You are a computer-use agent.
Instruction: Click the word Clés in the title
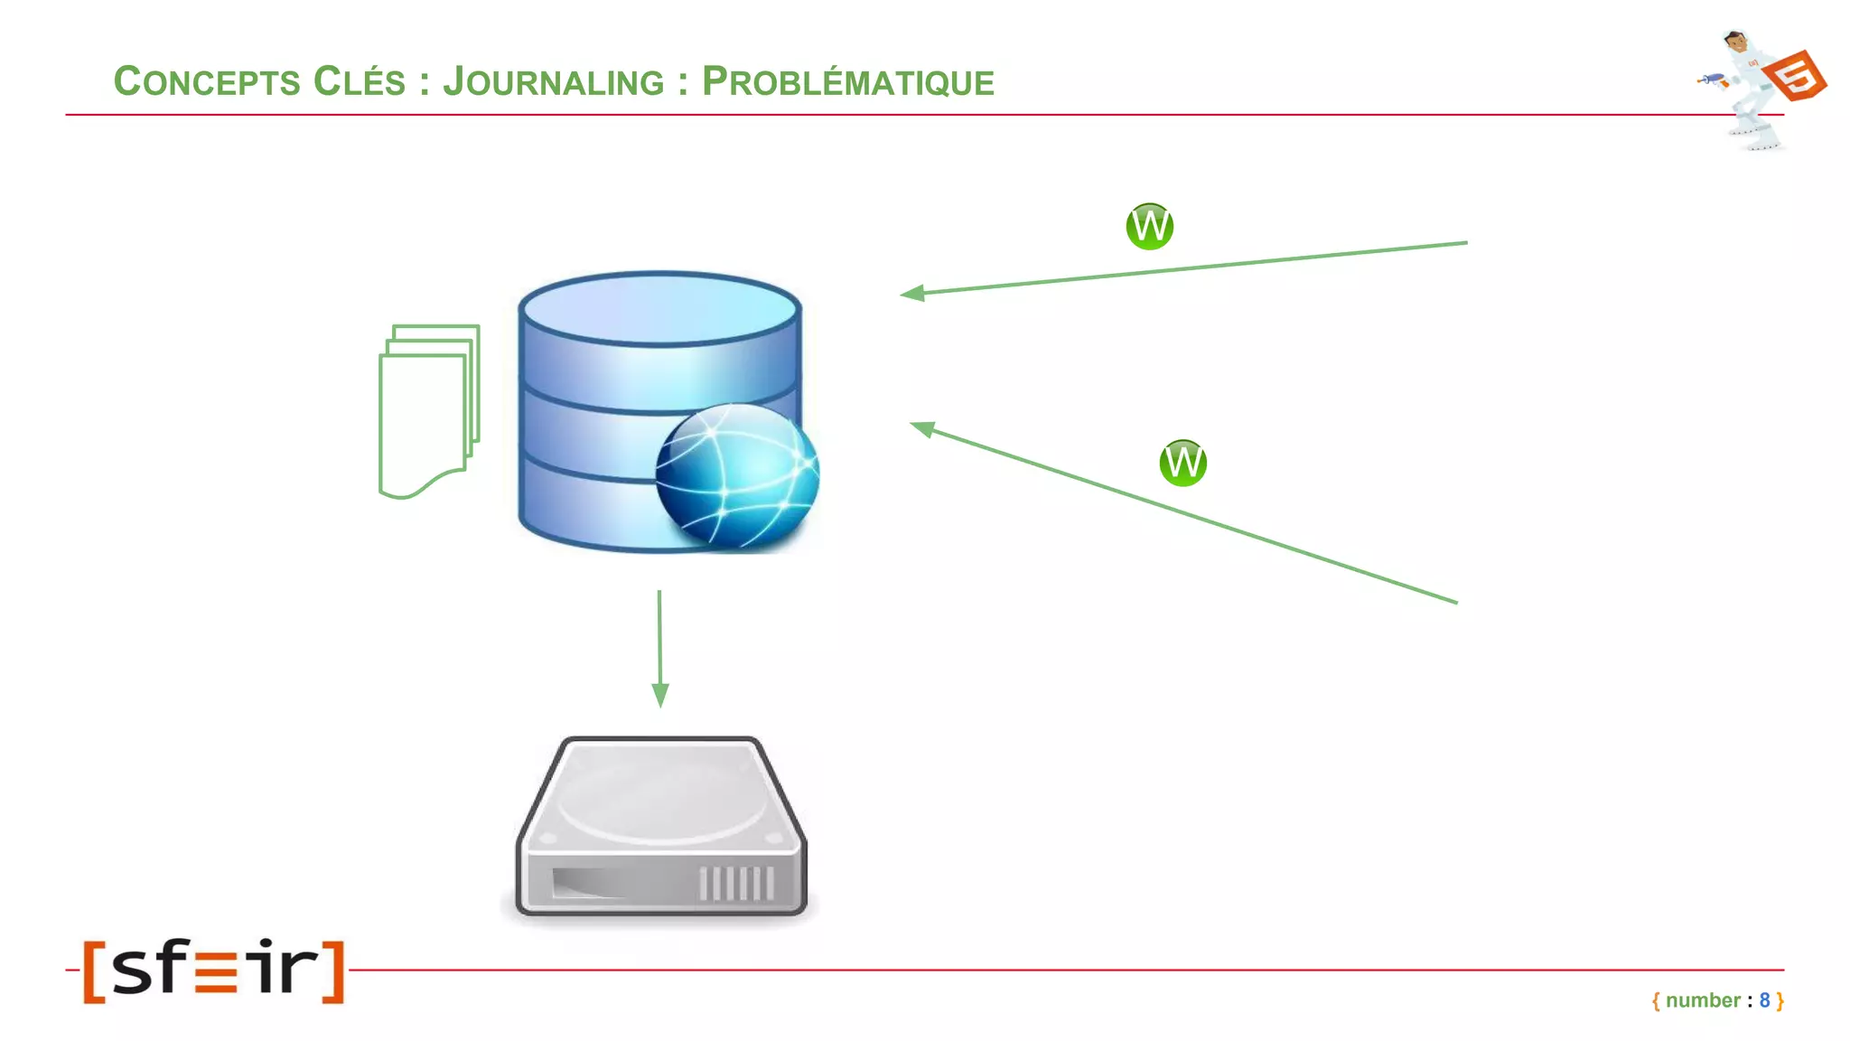pyautogui.click(x=359, y=81)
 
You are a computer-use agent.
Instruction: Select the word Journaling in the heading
pyautogui.click(x=553, y=81)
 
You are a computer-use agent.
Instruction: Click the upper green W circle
pyautogui.click(x=1149, y=226)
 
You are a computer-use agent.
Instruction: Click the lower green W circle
pyautogui.click(x=1182, y=463)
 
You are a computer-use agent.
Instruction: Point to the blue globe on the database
pyautogui.click(x=737, y=475)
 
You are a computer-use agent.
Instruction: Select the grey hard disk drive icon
pyautogui.click(x=660, y=827)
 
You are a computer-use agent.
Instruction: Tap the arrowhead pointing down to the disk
pyautogui.click(x=660, y=695)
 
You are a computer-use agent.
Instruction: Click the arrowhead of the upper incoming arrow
pyautogui.click(x=912, y=293)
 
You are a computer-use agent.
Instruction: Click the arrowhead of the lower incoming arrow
pyautogui.click(x=922, y=428)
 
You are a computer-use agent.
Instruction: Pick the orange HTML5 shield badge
pyautogui.click(x=1797, y=75)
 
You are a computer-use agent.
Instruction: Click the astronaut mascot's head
pyautogui.click(x=1734, y=42)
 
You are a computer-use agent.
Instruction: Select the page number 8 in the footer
pyautogui.click(x=1764, y=1000)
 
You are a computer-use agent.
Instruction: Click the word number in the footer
pyautogui.click(x=1703, y=1000)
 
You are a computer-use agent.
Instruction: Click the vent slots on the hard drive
pyautogui.click(x=736, y=883)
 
